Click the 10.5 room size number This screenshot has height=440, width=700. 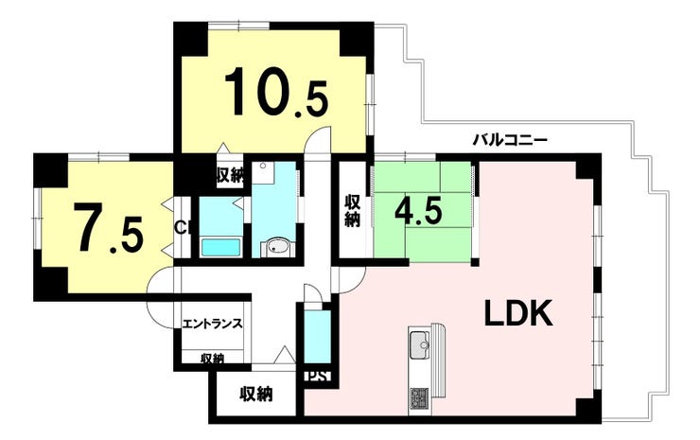click(276, 92)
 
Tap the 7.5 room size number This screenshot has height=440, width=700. click(111, 227)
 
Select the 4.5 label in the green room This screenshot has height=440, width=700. click(418, 211)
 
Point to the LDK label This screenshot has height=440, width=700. click(518, 313)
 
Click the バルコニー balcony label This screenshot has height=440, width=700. click(510, 141)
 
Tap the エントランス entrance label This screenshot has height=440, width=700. click(213, 323)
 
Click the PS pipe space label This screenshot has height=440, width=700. click(318, 376)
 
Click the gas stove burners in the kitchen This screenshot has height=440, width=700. click(419, 396)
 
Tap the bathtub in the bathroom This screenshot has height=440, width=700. click(220, 247)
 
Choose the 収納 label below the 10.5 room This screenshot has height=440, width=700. click(231, 176)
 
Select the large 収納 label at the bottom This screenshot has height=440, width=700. click(255, 394)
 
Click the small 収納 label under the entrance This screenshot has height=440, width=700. click(212, 358)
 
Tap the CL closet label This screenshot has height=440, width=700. click(181, 228)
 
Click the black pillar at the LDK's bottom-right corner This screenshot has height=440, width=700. click(588, 410)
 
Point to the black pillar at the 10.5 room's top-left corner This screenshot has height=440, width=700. click(191, 38)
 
